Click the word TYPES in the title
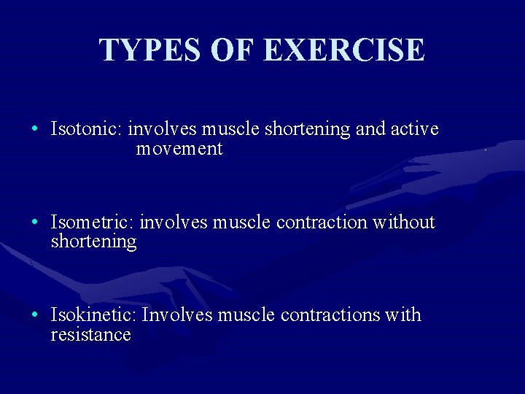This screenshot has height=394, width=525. [151, 50]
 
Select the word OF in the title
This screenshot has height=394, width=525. [234, 50]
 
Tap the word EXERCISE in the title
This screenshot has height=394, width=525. [343, 50]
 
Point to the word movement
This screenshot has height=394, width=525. [179, 149]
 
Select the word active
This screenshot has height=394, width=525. [415, 129]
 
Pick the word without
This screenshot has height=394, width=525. [403, 222]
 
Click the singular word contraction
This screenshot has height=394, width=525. [322, 222]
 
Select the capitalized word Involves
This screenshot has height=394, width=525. [177, 314]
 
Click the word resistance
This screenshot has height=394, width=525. [90, 335]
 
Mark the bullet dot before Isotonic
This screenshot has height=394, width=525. [35, 130]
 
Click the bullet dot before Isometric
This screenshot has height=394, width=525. [35, 223]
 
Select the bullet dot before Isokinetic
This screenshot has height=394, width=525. [35, 315]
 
